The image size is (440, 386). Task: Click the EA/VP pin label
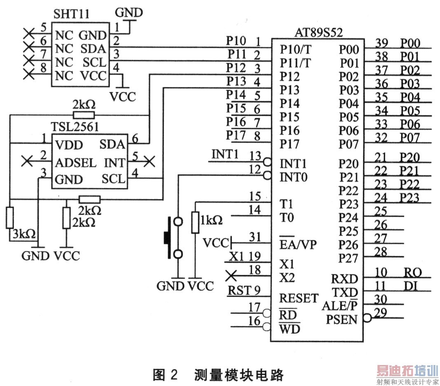(x=296, y=245)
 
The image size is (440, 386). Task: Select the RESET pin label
(x=299, y=298)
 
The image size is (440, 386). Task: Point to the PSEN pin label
(x=342, y=319)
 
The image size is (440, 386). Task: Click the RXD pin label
(x=344, y=279)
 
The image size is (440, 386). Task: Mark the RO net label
(x=412, y=272)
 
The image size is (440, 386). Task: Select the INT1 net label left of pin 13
(x=225, y=154)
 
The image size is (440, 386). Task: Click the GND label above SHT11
(x=129, y=12)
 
